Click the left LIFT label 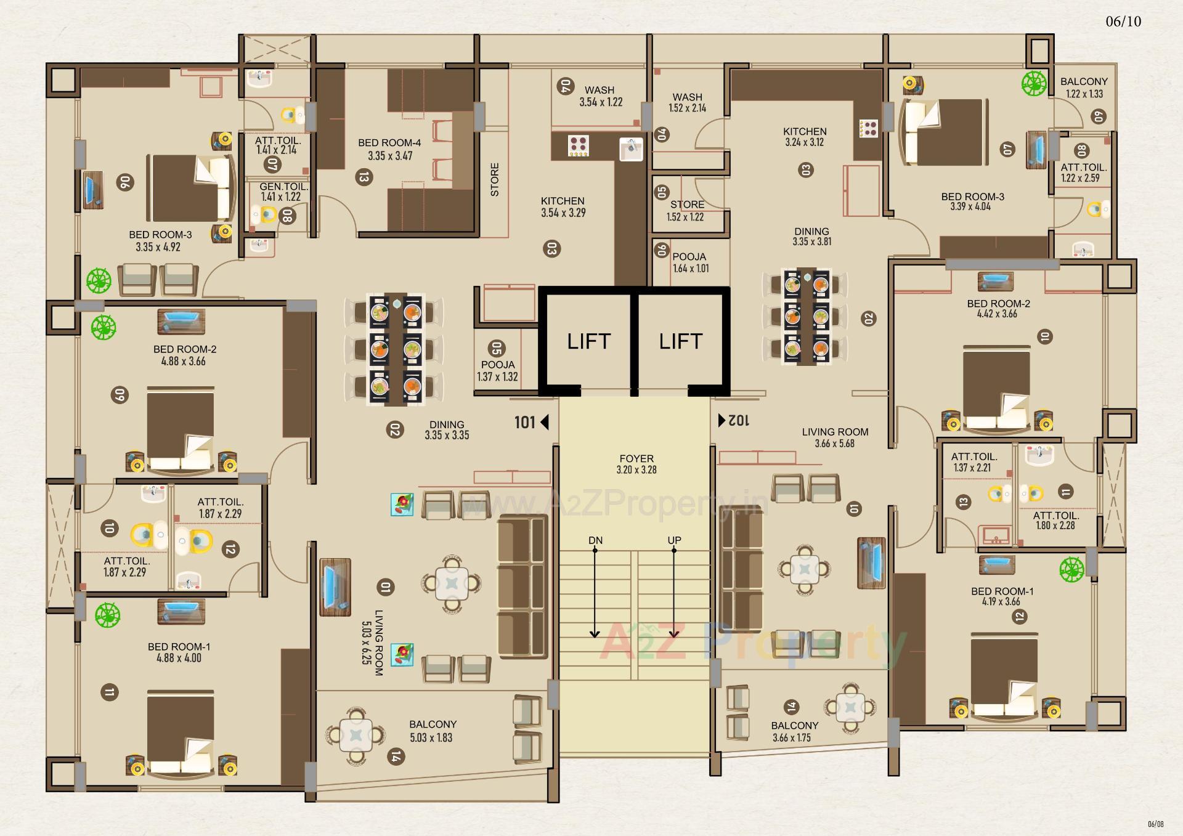tap(588, 341)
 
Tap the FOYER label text tap(636, 459)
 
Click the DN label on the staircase tap(595, 540)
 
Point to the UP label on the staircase tap(674, 540)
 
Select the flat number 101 tap(525, 422)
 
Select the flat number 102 tap(739, 421)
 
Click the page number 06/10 tap(1123, 22)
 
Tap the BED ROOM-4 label tap(389, 143)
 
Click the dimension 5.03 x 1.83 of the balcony tap(431, 737)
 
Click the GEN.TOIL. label tap(283, 187)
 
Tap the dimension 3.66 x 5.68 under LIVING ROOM tap(835, 444)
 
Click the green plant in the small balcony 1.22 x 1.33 tap(1034, 83)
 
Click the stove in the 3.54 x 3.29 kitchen tap(578, 146)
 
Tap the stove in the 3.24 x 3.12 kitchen tap(869, 128)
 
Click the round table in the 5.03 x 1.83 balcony tap(356, 735)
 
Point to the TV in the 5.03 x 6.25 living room tap(335, 587)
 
